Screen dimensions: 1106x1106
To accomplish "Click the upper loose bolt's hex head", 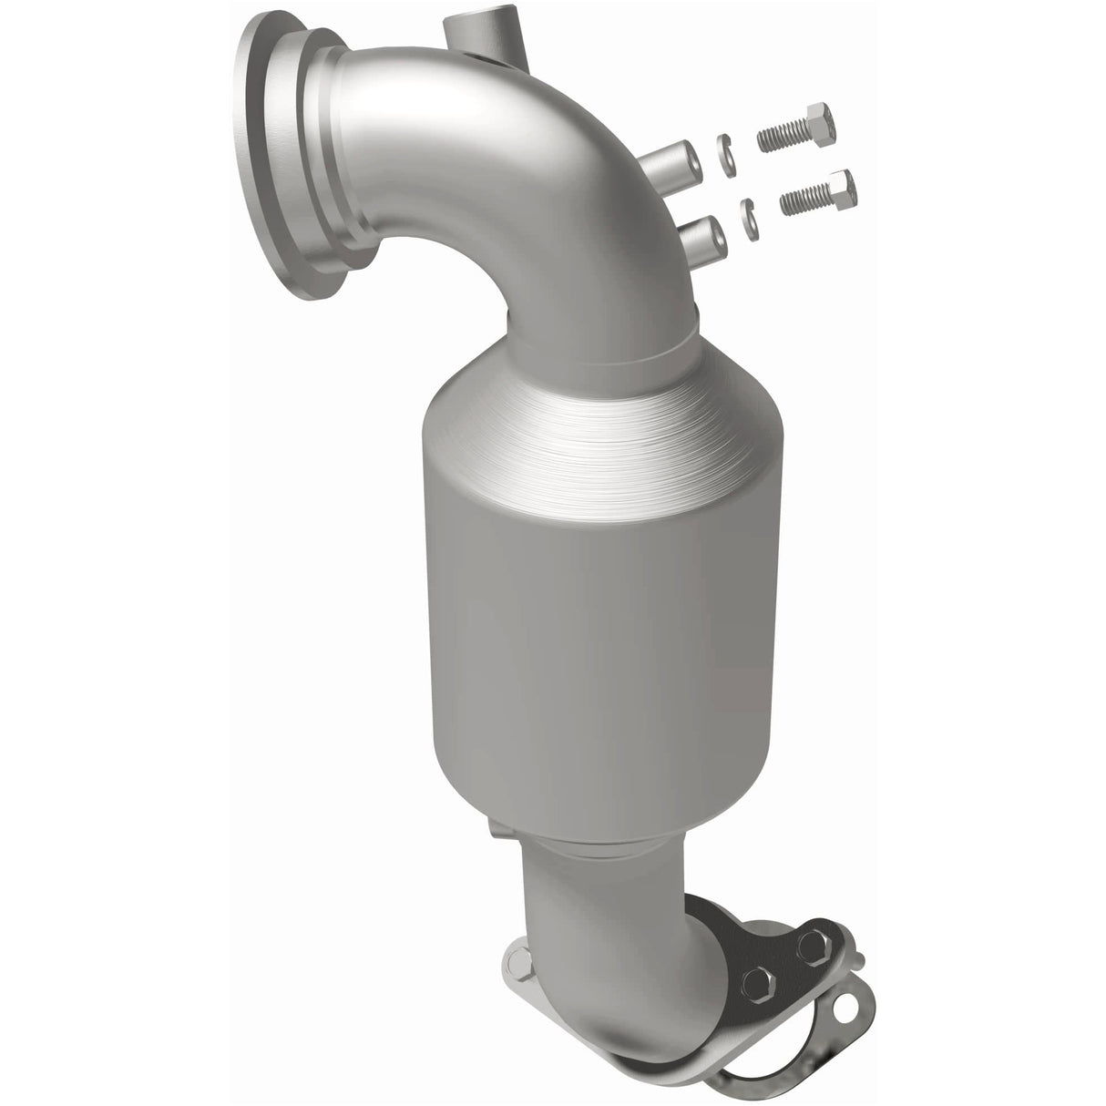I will click(x=816, y=133).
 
